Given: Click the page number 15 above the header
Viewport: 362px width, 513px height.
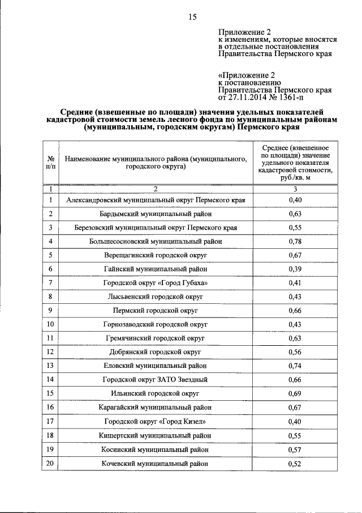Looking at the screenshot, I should pos(192,17).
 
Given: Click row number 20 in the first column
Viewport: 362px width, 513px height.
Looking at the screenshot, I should pos(50,463).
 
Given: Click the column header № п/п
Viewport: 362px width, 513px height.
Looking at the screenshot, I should pos(50,163).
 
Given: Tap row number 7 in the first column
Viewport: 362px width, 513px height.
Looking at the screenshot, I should pos(50,282).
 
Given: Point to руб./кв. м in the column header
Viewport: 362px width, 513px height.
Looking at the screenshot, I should pos(295,177).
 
